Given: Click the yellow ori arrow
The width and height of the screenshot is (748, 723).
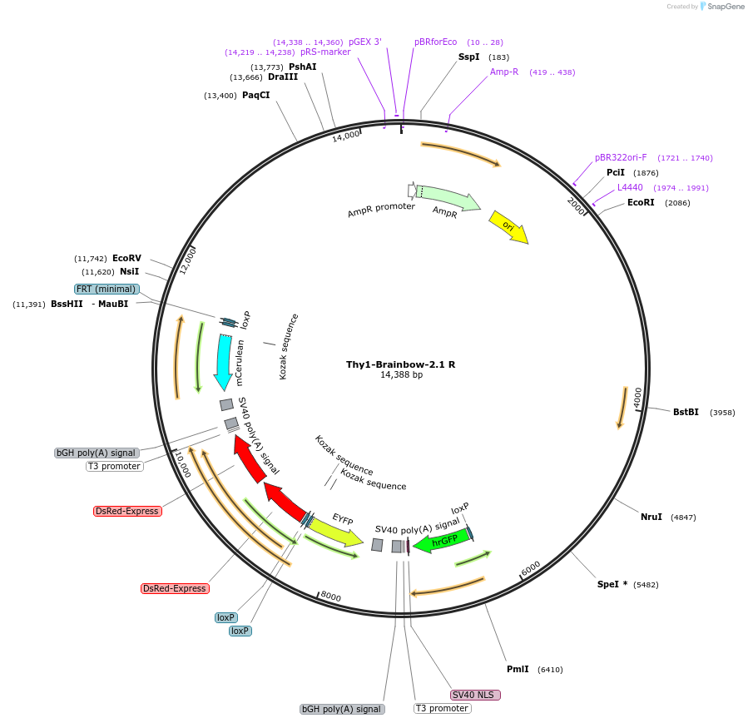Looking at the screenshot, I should coord(508,226).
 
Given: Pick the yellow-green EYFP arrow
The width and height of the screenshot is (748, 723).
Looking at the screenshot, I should coord(337,530).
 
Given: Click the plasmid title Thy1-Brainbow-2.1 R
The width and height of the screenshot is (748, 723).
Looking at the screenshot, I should coord(400,364).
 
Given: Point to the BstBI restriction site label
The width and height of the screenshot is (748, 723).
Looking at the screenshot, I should coord(686,412).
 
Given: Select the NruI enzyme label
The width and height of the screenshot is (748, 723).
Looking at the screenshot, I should coord(651,517).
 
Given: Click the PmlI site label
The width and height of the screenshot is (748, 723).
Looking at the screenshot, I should coord(518,669).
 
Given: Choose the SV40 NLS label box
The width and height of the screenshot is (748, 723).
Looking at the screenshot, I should coord(476,695).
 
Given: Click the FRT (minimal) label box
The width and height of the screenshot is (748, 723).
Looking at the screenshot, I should coord(106,289).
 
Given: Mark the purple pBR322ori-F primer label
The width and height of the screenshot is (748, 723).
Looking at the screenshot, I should coord(621,157).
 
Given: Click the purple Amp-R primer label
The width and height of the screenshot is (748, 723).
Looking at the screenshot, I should coord(504,72).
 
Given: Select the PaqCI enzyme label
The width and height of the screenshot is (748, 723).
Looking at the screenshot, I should coord(255,95).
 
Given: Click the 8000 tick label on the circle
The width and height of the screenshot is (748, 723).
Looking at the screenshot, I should coord(330,597).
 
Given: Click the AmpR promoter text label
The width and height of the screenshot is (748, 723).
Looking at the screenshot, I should coord(381,210).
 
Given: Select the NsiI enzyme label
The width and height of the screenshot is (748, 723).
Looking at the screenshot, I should coord(129,271).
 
